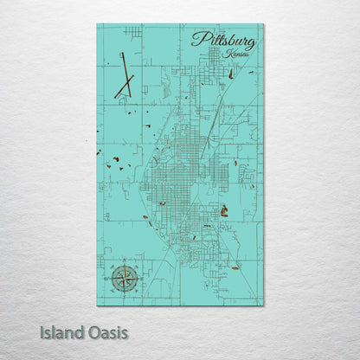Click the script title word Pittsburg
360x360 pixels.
(223, 40)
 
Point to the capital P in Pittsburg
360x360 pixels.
(200, 39)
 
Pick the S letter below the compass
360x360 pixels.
(123, 296)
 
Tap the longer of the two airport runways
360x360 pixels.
(124, 74)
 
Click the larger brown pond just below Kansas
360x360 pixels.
(233, 73)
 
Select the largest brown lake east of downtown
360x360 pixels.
(224, 210)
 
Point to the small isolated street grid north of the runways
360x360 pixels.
(132, 33)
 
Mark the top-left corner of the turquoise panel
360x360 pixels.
(97, 24)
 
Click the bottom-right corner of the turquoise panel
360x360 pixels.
(263, 305)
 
